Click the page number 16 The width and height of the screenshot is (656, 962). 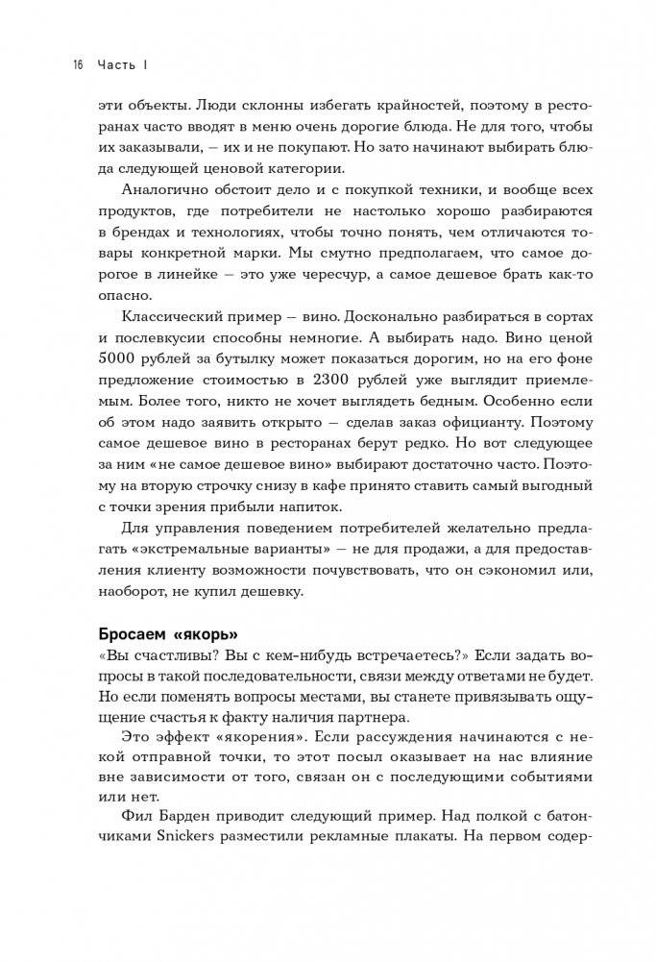78,65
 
